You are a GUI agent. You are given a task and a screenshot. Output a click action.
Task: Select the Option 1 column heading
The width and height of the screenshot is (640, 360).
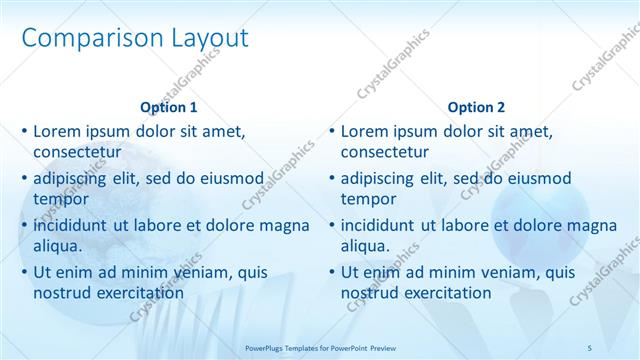(169, 107)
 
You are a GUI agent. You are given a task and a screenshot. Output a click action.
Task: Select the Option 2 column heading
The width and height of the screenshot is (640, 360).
(476, 107)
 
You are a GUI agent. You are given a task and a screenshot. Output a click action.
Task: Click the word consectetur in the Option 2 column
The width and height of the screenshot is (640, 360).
(385, 152)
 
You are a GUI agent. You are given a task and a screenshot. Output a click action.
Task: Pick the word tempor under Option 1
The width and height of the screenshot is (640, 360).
(61, 199)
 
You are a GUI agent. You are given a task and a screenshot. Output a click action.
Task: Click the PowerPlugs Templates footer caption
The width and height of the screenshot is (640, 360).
(319, 348)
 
